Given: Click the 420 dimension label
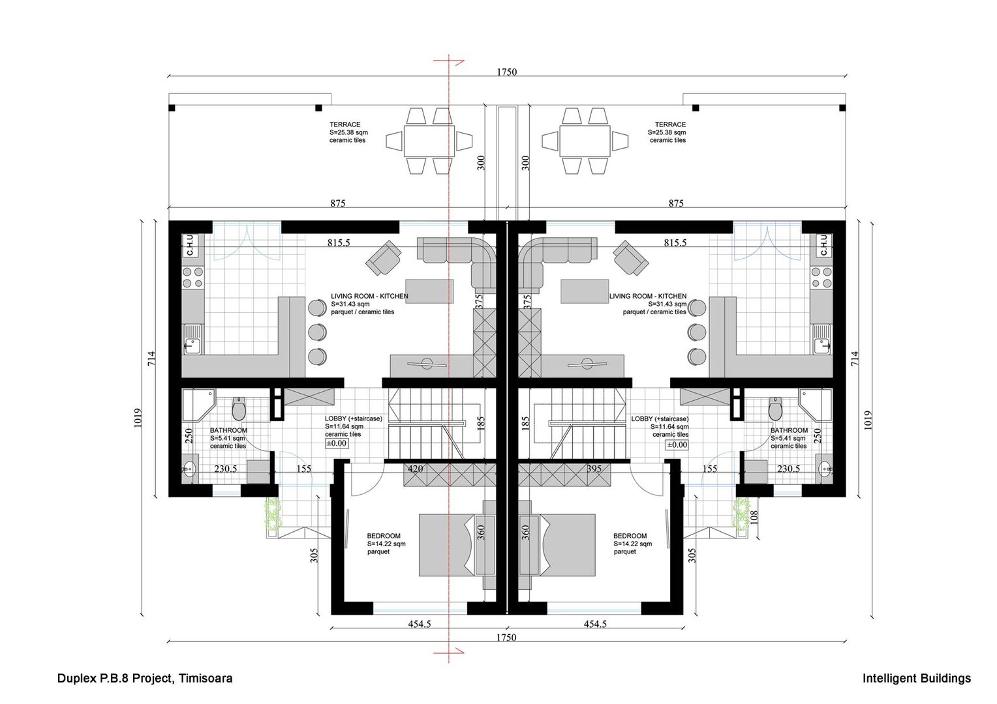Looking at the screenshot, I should (x=414, y=468).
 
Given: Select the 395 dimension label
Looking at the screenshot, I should (x=594, y=468).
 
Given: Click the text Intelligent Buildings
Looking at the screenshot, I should (x=916, y=679).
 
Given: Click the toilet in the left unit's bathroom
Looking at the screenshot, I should (x=239, y=409).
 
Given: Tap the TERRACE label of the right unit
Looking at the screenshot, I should (x=669, y=125).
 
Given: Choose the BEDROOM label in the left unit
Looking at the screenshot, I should (x=384, y=536).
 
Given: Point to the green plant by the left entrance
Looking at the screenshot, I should (x=271, y=514).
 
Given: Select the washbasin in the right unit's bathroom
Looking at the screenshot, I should (x=825, y=467).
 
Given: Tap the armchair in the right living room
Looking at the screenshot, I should (x=629, y=257).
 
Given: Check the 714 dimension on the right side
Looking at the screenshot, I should (x=855, y=358).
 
